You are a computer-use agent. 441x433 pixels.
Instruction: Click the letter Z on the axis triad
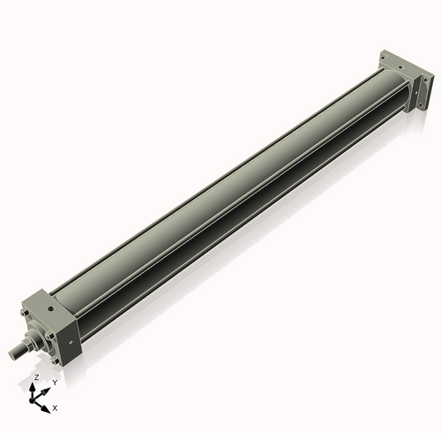[x=35, y=376]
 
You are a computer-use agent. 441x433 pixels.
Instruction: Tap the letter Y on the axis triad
[x=55, y=383]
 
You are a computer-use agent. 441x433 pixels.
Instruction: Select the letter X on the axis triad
[x=55, y=408]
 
